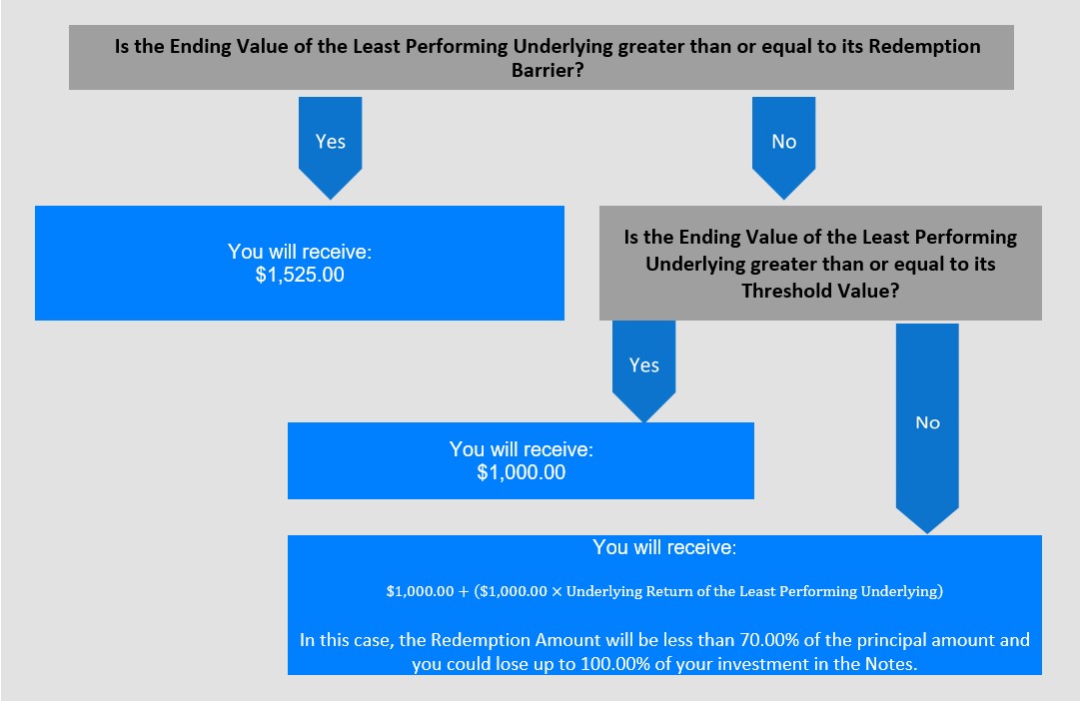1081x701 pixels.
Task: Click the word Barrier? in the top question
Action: click(x=547, y=70)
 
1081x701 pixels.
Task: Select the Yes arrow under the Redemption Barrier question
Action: click(x=331, y=148)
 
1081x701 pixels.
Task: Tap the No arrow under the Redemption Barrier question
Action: click(x=784, y=148)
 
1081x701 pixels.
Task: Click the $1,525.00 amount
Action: click(x=300, y=275)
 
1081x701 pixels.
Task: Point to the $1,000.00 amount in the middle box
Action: click(x=522, y=473)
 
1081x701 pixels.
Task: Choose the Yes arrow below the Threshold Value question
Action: click(x=644, y=370)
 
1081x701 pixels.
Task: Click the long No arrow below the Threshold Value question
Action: click(x=927, y=428)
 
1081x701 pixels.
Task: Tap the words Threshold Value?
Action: click(x=820, y=291)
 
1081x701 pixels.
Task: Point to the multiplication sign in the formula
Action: click(x=556, y=591)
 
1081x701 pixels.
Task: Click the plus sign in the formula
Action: click(x=464, y=591)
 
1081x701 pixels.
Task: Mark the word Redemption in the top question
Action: click(x=924, y=47)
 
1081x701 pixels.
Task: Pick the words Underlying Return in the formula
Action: click(x=618, y=591)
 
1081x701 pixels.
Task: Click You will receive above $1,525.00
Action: click(x=300, y=252)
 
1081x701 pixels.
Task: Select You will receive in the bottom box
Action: click(x=664, y=547)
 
